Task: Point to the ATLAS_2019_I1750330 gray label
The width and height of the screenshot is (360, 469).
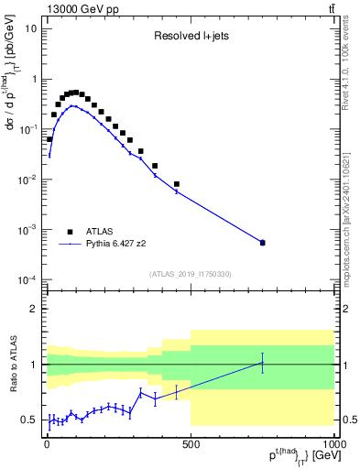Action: [190, 274]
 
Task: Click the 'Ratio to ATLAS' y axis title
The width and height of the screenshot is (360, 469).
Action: [12, 363]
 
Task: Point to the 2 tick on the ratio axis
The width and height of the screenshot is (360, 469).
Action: [37, 309]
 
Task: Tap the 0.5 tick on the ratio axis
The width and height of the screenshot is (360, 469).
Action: [31, 420]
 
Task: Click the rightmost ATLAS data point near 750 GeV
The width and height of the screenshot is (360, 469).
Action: [262, 243]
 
